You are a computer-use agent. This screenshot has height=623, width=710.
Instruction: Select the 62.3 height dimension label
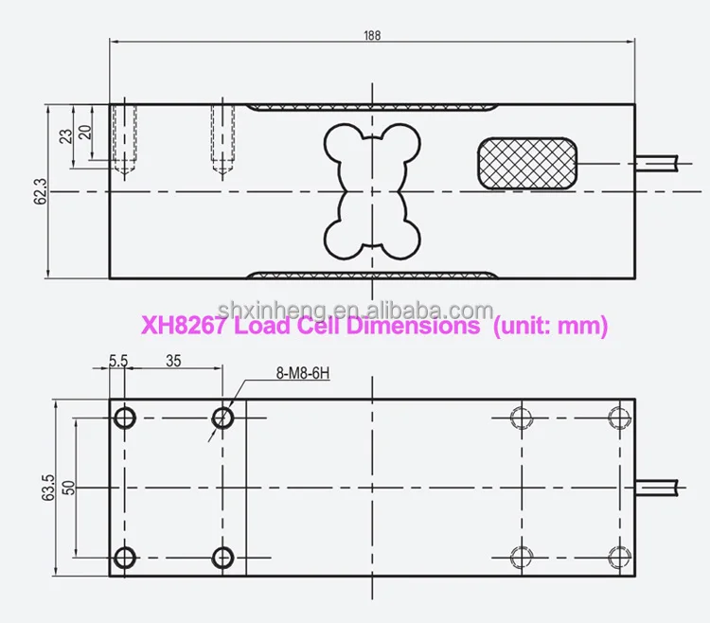(39, 192)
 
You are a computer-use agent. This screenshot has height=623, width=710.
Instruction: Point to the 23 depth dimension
(65, 134)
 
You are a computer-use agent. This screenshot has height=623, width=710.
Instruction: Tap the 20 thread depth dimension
(84, 131)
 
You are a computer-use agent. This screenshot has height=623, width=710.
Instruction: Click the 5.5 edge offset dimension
(118, 361)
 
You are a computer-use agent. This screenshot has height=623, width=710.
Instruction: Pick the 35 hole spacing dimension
(173, 361)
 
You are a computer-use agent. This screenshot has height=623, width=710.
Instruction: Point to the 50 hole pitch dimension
(67, 487)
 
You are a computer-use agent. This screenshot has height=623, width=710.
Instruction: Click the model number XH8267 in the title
(184, 327)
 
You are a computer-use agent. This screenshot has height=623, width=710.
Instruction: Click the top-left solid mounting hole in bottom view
(124, 417)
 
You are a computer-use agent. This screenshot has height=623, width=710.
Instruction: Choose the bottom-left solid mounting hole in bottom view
(124, 556)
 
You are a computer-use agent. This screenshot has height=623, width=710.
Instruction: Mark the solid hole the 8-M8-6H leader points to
(222, 417)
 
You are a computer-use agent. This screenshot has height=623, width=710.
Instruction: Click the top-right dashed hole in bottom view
(618, 417)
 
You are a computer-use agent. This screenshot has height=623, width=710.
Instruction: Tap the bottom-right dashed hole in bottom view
(618, 556)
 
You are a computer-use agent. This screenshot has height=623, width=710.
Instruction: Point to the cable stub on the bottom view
(660, 487)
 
